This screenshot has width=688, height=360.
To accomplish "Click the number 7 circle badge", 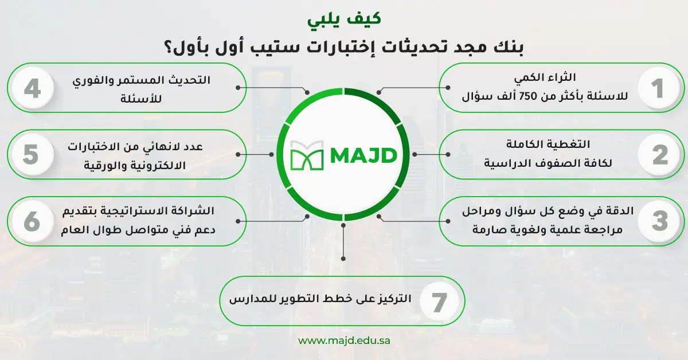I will (439, 302).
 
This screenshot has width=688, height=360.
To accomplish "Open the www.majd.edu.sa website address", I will (345, 341).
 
